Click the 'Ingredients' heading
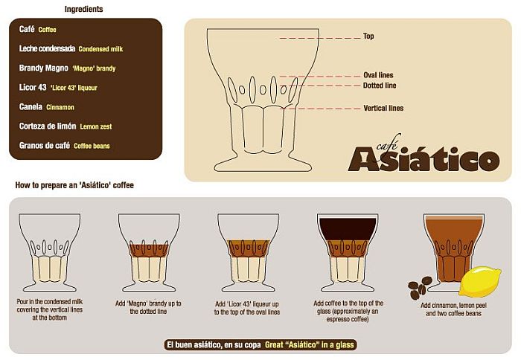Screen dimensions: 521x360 coord(83,9)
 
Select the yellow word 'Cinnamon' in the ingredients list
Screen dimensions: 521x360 coord(60,107)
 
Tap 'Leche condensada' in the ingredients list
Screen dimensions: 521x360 coord(47,48)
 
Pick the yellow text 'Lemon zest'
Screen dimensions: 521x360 coord(96,126)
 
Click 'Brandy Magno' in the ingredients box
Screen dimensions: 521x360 coord(43,68)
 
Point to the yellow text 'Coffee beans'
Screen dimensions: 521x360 coord(92,146)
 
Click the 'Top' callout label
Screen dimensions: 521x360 coord(368,36)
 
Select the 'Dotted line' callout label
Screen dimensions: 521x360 coord(380,86)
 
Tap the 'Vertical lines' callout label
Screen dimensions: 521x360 coord(383,108)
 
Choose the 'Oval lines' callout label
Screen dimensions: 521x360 coord(378,75)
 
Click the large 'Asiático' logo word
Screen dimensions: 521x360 coord(423,159)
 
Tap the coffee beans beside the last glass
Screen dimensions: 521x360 coord(420,287)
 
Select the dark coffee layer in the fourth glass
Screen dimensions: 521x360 coord(348,229)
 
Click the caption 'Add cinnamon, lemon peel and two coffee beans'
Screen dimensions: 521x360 coord(453,309)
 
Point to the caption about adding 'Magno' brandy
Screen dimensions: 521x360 coord(148,307)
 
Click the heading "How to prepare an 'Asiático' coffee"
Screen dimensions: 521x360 coord(74,185)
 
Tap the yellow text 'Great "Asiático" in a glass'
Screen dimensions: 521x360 coord(309,344)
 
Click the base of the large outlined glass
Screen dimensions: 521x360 coord(263,164)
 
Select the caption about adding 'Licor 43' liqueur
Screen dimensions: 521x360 coord(247,308)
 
